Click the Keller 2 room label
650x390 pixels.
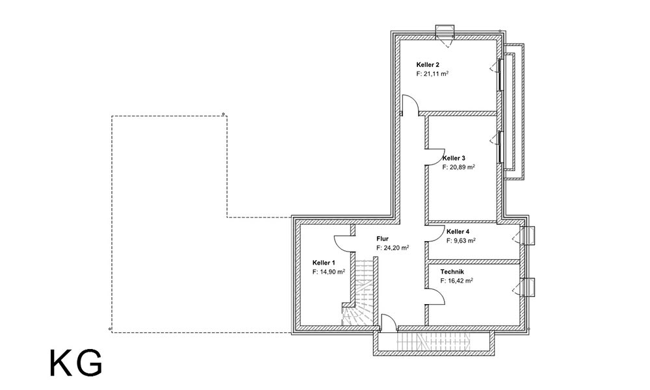[x=428, y=64]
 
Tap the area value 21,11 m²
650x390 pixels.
[x=432, y=73]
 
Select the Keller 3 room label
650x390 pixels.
[x=454, y=158]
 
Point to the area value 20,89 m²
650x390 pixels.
[x=458, y=167]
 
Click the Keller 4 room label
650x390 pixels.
[x=458, y=231]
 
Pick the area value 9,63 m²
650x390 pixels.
[x=461, y=240]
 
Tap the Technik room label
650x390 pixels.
[x=452, y=272]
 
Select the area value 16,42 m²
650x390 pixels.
[x=457, y=281]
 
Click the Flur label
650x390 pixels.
[x=382, y=239]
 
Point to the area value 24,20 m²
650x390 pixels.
[x=393, y=248]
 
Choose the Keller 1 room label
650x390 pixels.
[x=324, y=263]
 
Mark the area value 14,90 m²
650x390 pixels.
[x=329, y=272]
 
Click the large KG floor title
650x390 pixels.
[x=76, y=363]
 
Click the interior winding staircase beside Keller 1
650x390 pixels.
[x=359, y=292]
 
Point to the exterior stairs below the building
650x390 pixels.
[x=434, y=341]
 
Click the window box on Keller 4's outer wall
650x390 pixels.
[x=528, y=236]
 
